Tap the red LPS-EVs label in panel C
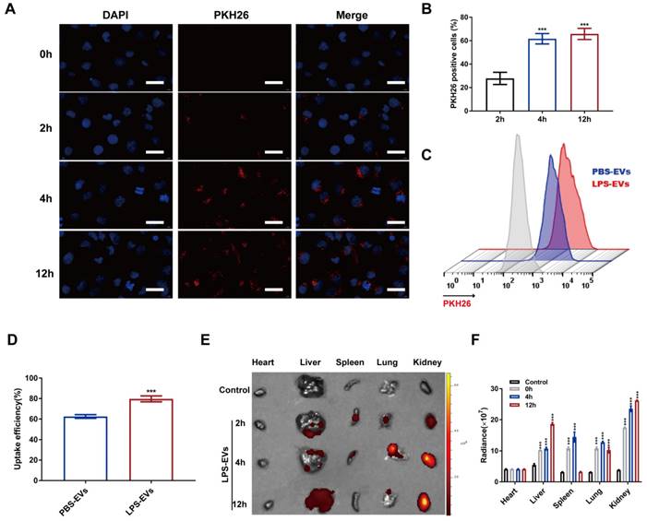[610, 184]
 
